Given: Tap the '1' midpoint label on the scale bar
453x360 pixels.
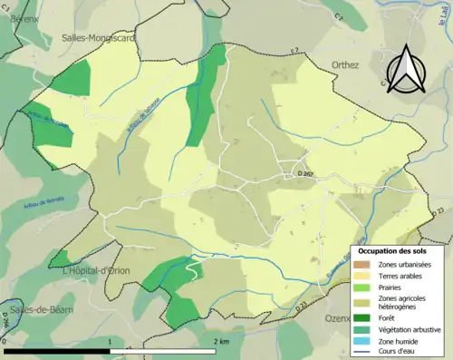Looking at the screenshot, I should (x=110, y=342).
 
